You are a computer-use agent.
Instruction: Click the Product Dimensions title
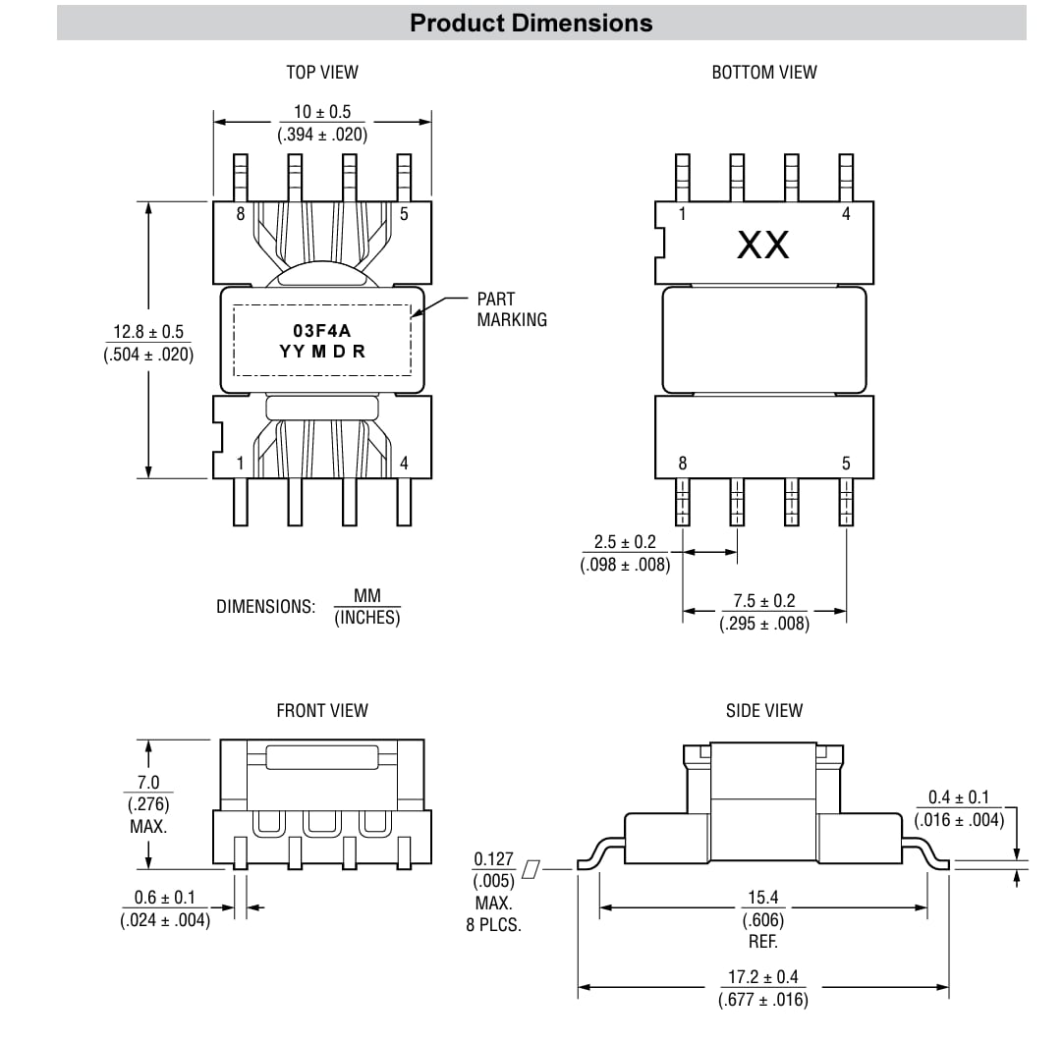tap(531, 23)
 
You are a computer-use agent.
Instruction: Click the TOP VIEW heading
tap(322, 72)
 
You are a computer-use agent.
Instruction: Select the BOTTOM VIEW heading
tap(763, 72)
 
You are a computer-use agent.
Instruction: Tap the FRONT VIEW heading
tap(322, 710)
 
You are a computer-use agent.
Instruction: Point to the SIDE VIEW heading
tap(763, 710)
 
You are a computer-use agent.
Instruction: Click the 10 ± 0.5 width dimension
tap(322, 113)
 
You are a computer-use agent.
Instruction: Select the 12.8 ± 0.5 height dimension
tap(148, 334)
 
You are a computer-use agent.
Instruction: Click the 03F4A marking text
tap(321, 332)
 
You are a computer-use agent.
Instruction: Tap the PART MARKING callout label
tap(511, 308)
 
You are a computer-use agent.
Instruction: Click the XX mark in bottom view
tap(763, 246)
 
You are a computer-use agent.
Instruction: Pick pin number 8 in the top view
tap(241, 214)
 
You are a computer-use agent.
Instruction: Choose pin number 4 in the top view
tap(404, 464)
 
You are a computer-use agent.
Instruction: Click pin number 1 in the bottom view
tap(683, 214)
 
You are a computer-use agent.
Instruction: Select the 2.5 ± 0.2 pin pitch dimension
tap(625, 543)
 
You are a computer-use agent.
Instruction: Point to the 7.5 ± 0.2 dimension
tap(764, 601)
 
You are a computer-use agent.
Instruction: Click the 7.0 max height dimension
tap(148, 784)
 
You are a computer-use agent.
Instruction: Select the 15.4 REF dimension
tap(763, 898)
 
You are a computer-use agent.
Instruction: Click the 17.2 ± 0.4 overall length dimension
tap(763, 978)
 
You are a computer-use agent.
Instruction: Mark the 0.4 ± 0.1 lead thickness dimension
tap(959, 798)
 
